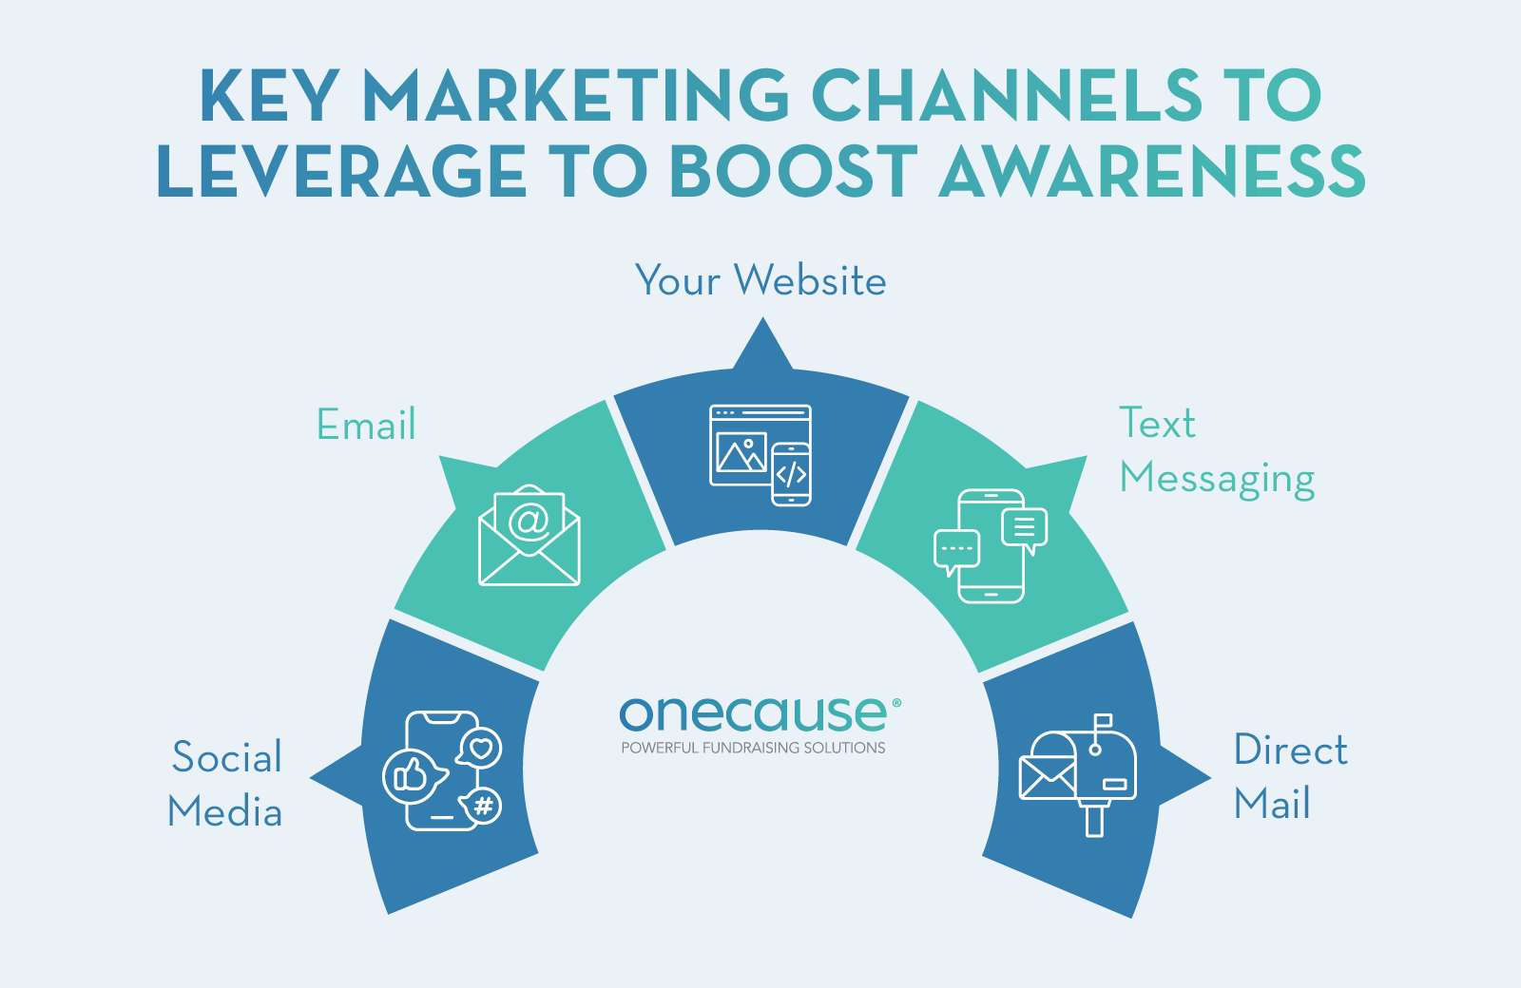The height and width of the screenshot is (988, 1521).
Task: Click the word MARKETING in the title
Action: (x=575, y=95)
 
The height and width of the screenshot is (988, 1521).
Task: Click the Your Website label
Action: (x=760, y=281)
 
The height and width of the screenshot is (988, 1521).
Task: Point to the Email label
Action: (x=366, y=425)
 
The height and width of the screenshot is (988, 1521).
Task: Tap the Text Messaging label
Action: (x=1216, y=451)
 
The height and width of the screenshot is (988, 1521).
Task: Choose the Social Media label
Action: (x=226, y=785)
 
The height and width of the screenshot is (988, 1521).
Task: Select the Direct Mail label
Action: (x=1290, y=777)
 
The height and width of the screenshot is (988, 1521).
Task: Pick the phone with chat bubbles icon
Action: (x=991, y=546)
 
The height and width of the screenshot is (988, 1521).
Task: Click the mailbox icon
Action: (x=1079, y=772)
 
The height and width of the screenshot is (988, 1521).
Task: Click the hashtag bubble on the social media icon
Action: (x=483, y=807)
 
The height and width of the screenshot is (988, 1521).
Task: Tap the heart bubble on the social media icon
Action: (x=481, y=748)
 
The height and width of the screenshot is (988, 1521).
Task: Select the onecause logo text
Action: (x=756, y=713)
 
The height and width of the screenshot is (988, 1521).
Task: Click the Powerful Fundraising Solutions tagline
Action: (x=753, y=749)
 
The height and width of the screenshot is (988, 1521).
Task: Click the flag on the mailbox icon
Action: (x=1103, y=721)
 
